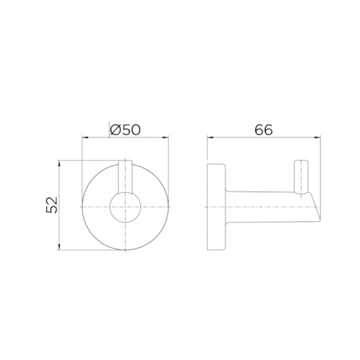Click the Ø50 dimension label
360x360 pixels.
pyautogui.click(x=125, y=130)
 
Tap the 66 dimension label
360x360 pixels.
pyautogui.click(x=264, y=130)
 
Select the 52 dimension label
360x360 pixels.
pyautogui.click(x=52, y=205)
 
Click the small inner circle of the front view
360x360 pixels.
pyautogui.click(x=125, y=207)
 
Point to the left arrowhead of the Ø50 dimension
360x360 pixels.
pyautogui.click(x=85, y=138)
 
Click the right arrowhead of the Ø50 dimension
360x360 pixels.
pyautogui.click(x=166, y=138)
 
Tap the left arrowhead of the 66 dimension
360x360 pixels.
pyautogui.click(x=211, y=138)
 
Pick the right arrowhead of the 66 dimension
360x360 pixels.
pyautogui.click(x=317, y=138)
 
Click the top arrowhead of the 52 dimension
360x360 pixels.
pyautogui.click(x=60, y=164)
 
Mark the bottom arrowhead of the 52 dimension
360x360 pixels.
pyautogui.click(x=60, y=247)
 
